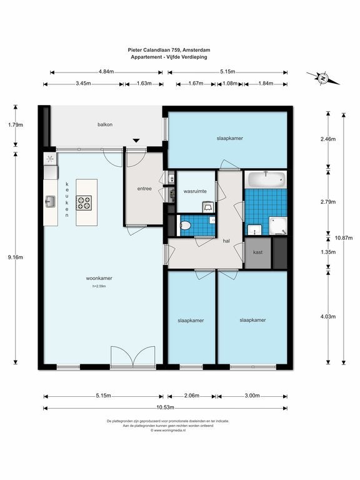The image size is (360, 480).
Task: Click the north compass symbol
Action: click(322, 78)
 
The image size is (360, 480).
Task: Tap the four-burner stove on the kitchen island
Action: click(84, 203)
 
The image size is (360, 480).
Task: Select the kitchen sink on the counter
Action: click(51, 201)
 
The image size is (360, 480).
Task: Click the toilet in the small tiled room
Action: click(185, 226)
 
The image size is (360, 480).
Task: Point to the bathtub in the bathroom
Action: click(266, 180)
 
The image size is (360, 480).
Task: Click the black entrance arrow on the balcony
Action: click(136, 141)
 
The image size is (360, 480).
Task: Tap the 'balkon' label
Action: click(105, 124)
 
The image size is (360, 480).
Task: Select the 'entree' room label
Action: click(144, 189)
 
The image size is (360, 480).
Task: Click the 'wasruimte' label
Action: click(195, 191)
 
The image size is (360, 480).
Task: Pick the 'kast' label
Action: click(257, 252)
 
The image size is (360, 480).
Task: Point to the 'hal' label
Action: click(226, 241)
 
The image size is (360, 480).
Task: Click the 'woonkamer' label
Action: click(99, 278)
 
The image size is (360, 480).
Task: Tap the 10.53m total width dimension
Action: click(165, 407)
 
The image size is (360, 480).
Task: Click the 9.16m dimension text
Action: click(15, 257)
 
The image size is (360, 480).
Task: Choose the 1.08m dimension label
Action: click(230, 83)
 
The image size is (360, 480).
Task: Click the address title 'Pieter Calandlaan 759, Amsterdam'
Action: click(169, 50)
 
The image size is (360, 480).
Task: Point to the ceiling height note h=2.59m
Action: click(99, 286)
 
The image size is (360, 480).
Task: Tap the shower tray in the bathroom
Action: click(278, 226)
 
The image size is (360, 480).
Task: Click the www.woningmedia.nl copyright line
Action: click(168, 430)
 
